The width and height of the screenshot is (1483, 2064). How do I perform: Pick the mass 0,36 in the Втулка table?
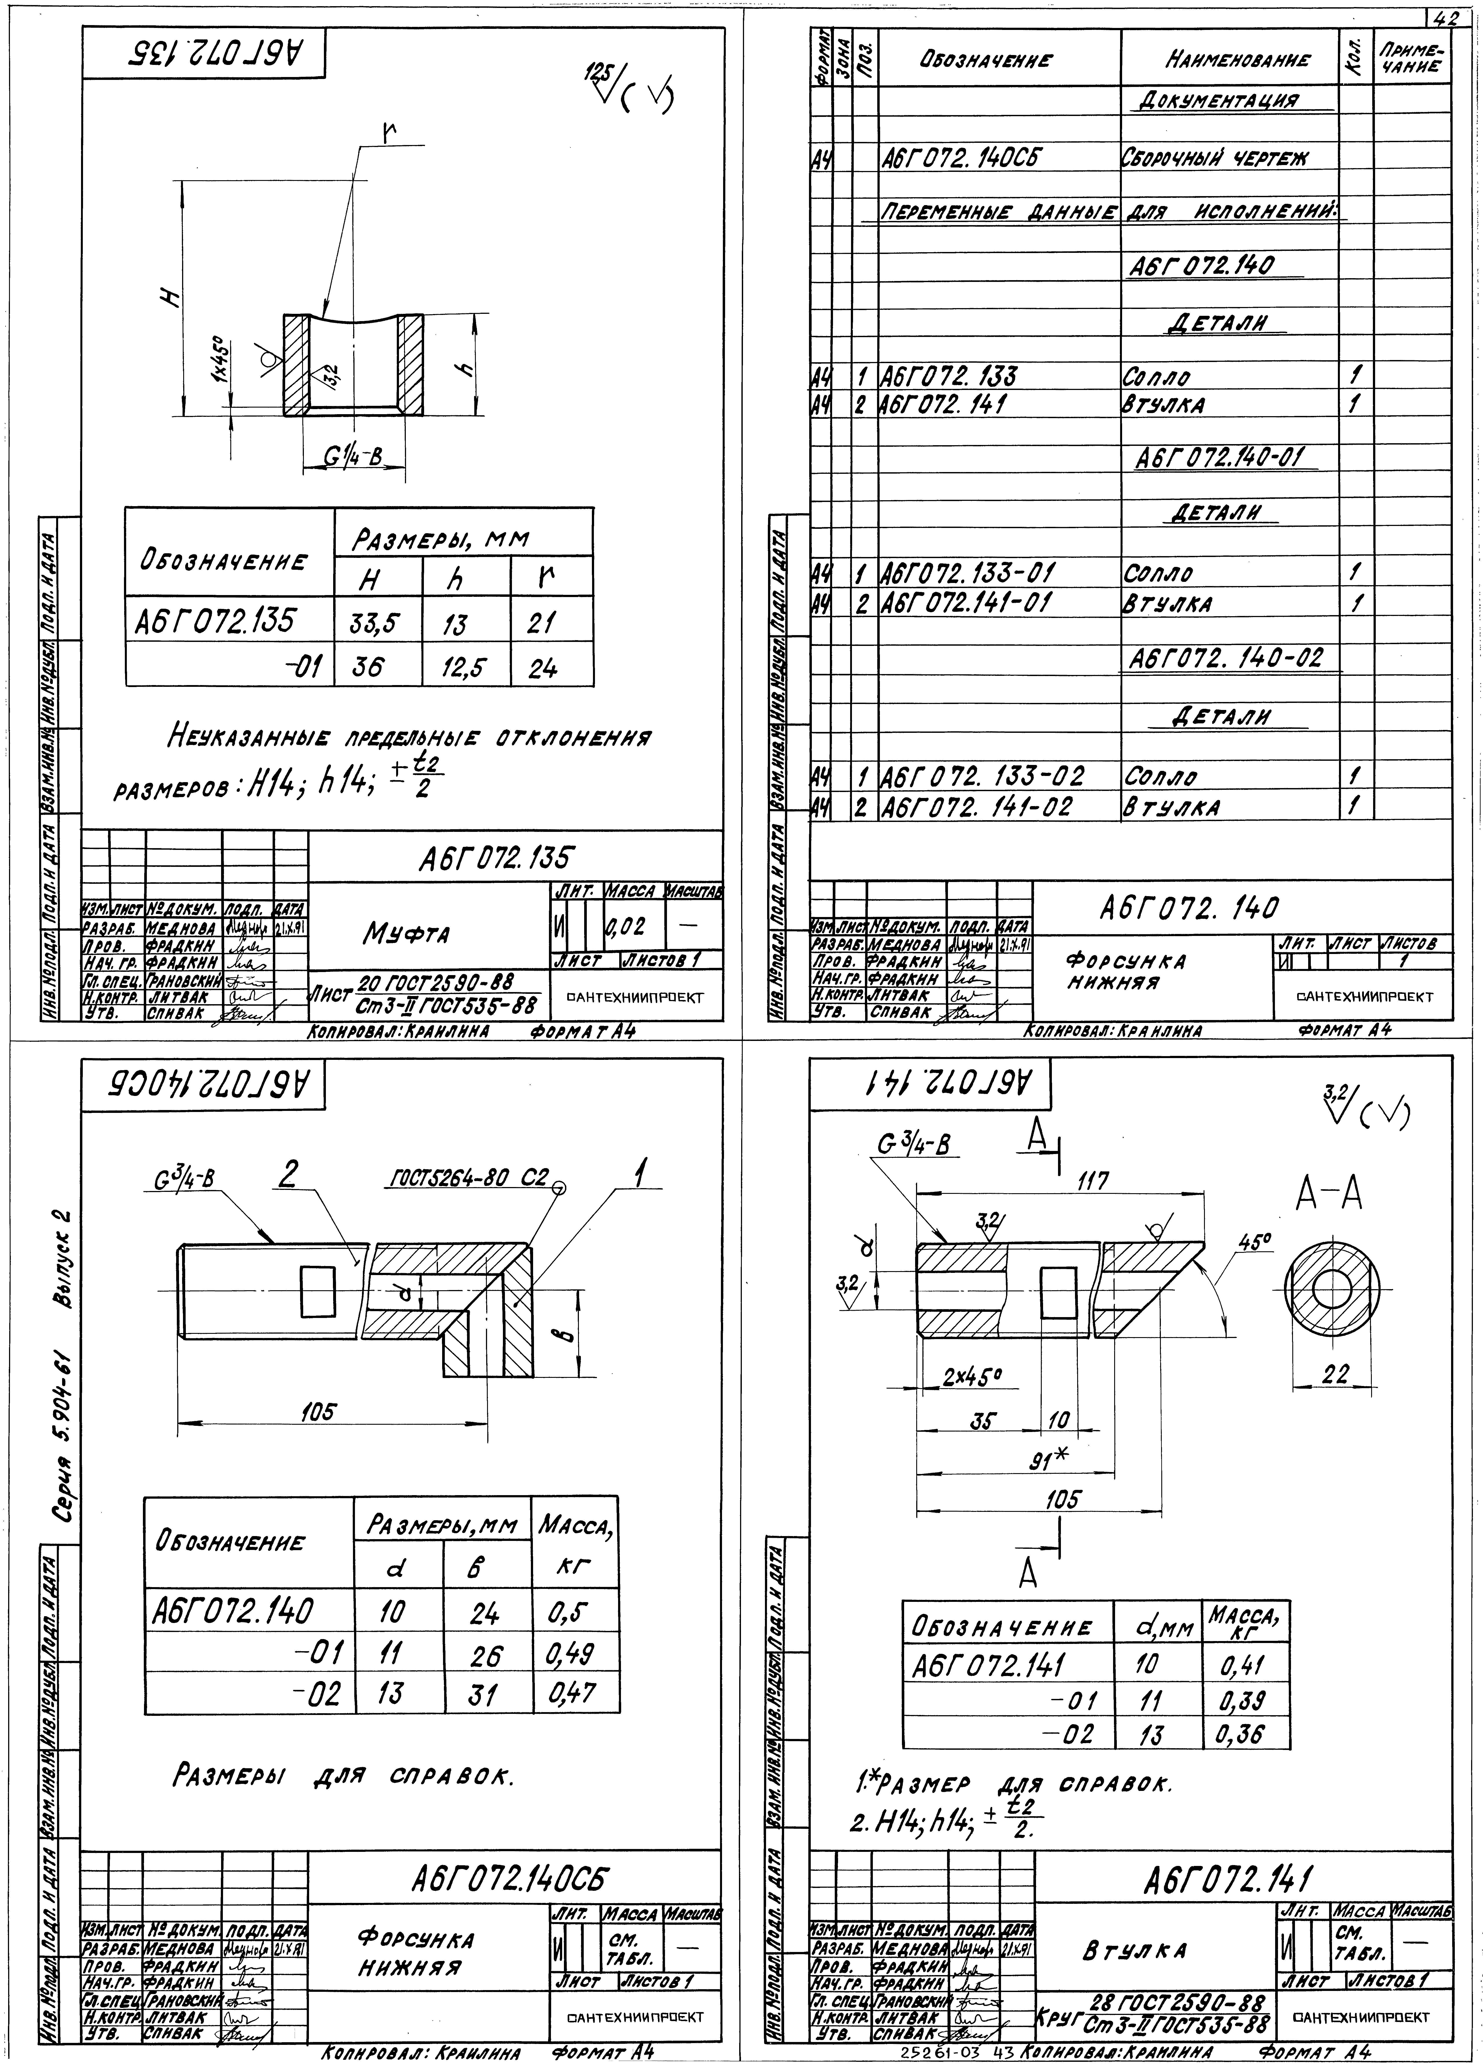1238,1735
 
